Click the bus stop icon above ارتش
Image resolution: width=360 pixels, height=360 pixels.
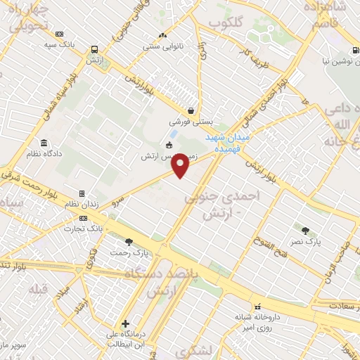click(x=94, y=50)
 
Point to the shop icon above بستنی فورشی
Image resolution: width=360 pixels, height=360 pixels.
click(x=191, y=110)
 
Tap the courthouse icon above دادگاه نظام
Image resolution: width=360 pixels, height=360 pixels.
click(x=44, y=143)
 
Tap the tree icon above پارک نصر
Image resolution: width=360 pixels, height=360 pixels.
click(x=305, y=230)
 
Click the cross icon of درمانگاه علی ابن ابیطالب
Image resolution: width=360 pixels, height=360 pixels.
click(x=125, y=324)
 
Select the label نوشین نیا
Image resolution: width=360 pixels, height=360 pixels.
click(x=335, y=62)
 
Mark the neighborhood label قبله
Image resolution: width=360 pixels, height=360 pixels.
click(x=37, y=289)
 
